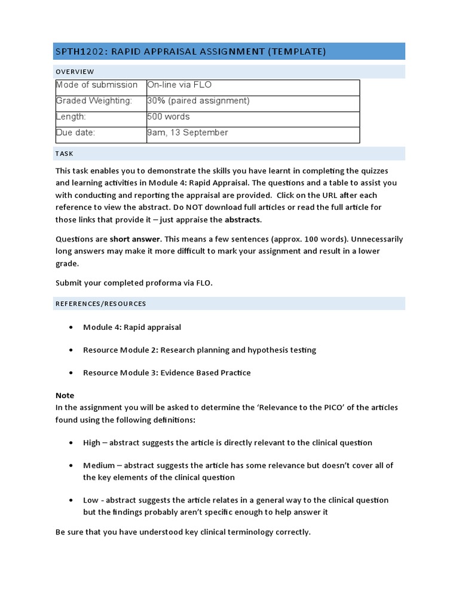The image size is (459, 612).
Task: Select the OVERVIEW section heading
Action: (x=75, y=72)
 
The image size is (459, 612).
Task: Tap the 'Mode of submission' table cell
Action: (x=97, y=85)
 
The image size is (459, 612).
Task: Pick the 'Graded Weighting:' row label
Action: (x=94, y=101)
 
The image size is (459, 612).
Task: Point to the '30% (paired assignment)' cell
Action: (x=198, y=101)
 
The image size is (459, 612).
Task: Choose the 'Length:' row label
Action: (x=71, y=117)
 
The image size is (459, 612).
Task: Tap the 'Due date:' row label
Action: (x=75, y=133)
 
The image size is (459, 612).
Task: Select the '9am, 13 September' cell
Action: (x=187, y=133)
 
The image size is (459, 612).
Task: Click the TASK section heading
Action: (x=64, y=154)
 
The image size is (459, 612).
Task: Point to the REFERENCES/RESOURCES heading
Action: (x=100, y=304)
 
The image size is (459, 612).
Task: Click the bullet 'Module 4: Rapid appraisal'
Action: (x=132, y=328)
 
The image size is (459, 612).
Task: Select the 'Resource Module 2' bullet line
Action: (x=200, y=350)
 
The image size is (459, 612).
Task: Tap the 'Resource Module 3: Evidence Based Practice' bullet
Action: (x=167, y=373)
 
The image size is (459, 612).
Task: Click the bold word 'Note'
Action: (x=65, y=396)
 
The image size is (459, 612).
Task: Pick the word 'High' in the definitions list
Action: (x=91, y=443)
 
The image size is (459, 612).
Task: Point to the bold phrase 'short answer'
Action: (x=135, y=239)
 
